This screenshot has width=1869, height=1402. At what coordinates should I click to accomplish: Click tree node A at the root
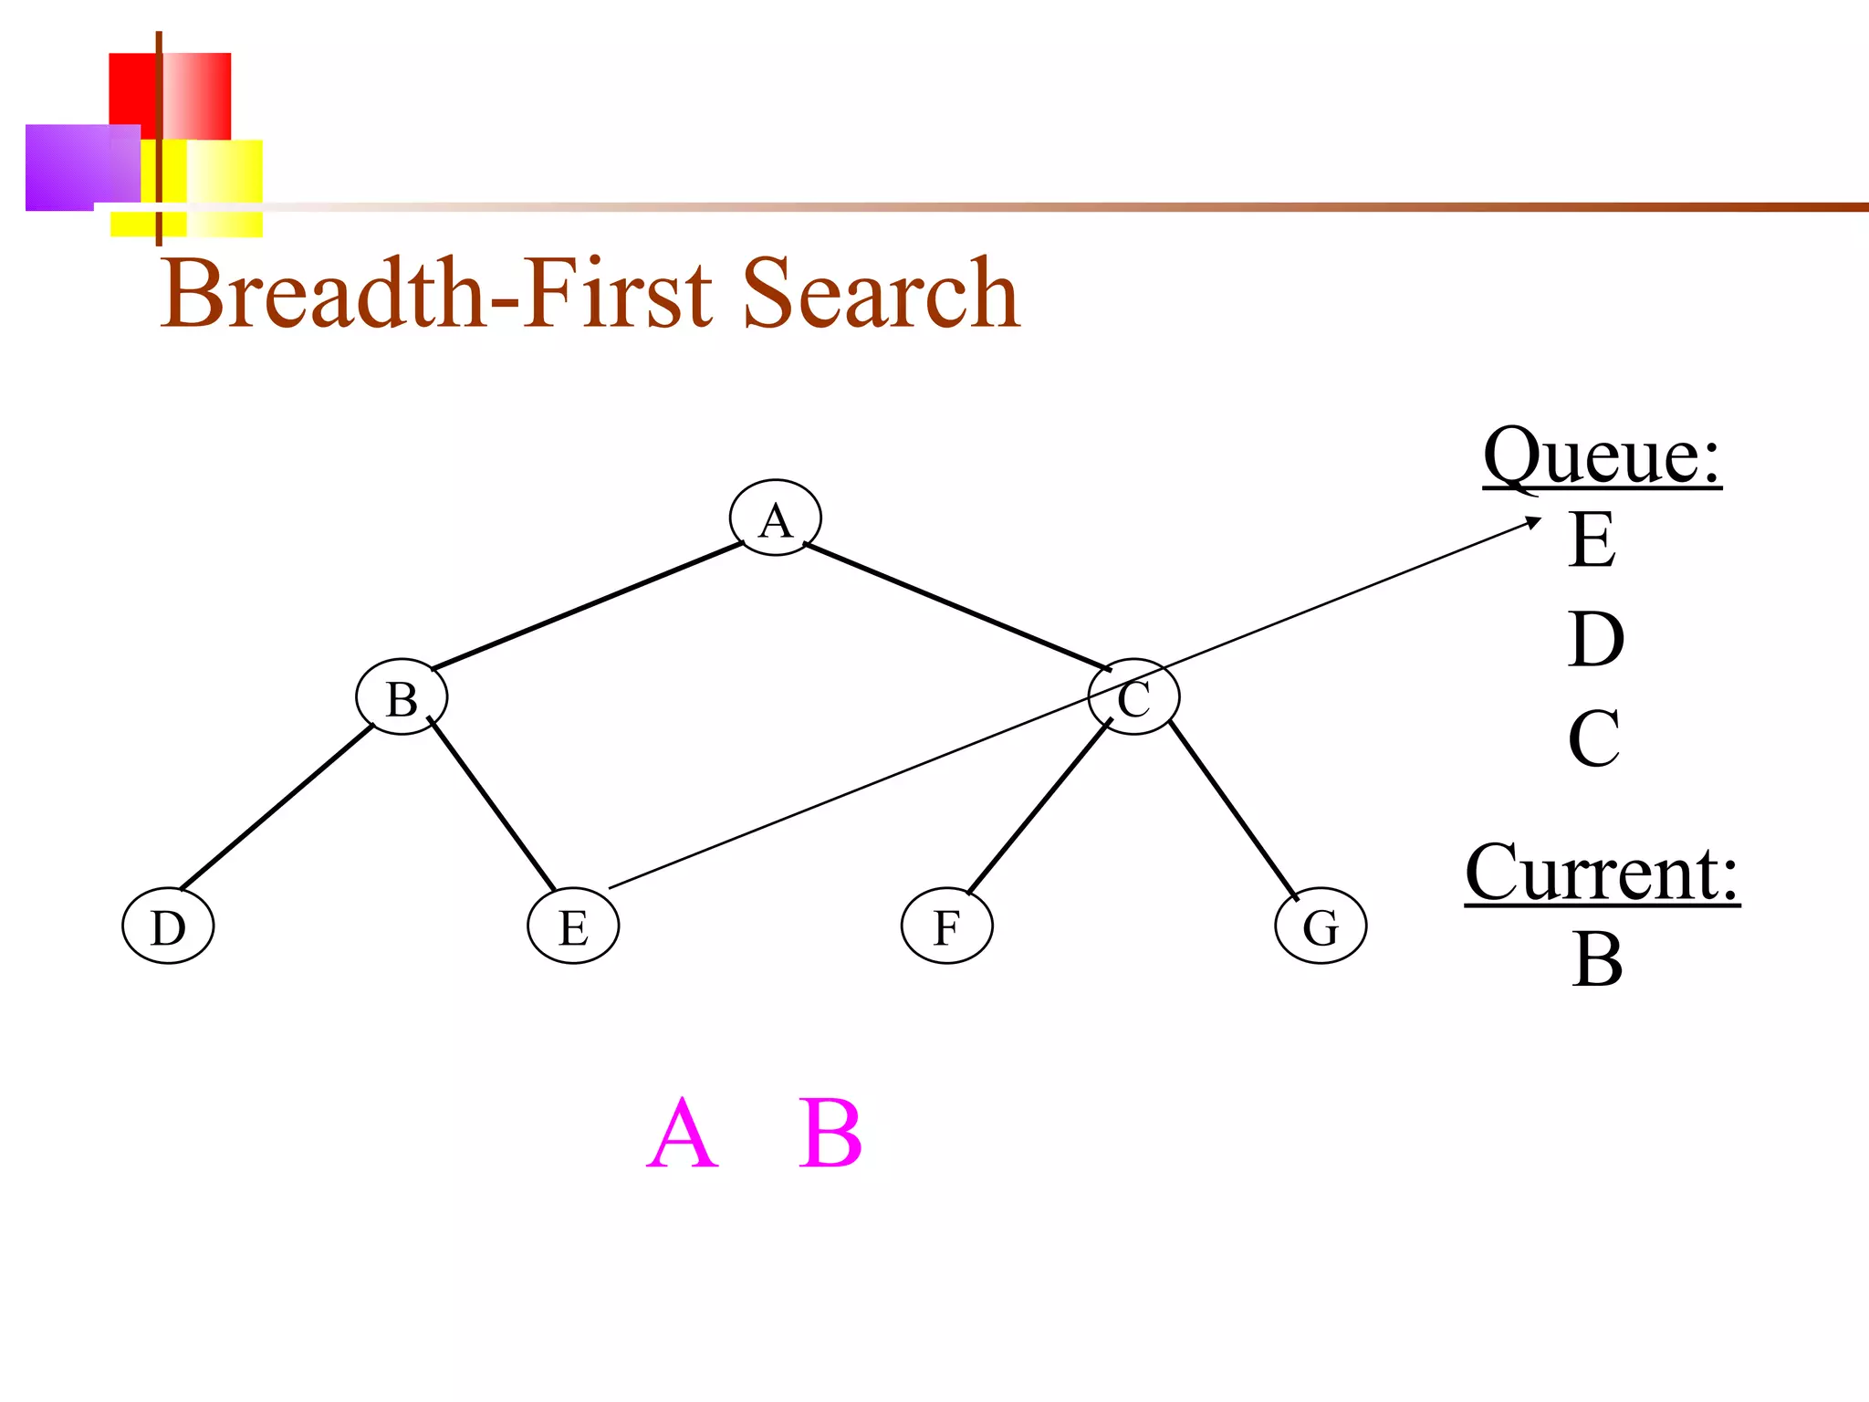tap(775, 518)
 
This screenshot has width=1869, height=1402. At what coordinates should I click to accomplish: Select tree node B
tap(402, 697)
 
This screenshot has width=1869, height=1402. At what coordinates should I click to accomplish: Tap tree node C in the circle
tap(1134, 698)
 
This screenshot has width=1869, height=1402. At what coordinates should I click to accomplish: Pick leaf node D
tap(168, 926)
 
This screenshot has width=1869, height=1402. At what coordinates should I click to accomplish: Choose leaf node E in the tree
tap(573, 926)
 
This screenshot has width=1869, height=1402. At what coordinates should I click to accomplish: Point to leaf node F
tap(946, 926)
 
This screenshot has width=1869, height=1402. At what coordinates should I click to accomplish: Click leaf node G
tap(1321, 926)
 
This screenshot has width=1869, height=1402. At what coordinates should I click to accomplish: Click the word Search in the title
tap(880, 294)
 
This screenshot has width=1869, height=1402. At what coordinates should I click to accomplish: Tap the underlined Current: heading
tap(1602, 874)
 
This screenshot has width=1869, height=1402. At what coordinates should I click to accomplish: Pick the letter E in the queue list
tap(1592, 539)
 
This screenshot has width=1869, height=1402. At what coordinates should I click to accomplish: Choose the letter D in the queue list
tap(1596, 639)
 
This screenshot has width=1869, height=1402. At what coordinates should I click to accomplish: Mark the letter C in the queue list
tap(1594, 738)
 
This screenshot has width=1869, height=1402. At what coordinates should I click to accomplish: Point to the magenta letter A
tap(682, 1134)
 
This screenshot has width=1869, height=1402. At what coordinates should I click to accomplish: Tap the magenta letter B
tap(830, 1134)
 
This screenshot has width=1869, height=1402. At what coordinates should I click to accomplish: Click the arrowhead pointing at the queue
tap(1534, 522)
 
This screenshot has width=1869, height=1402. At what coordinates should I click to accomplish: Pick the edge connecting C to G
tap(1232, 809)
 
